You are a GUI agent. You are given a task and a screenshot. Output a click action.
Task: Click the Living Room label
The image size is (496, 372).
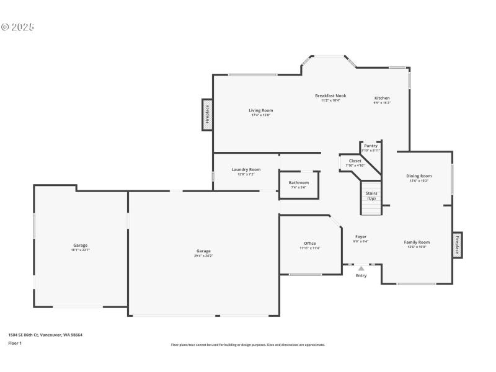[x=262, y=110]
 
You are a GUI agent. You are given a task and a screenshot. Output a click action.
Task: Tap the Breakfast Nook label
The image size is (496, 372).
[x=330, y=95]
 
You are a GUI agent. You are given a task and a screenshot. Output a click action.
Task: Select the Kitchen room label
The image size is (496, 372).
[x=382, y=99]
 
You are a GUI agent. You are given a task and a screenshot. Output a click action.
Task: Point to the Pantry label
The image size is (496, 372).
[x=371, y=146]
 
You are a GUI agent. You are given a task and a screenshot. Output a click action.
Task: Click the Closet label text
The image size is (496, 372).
[x=355, y=161]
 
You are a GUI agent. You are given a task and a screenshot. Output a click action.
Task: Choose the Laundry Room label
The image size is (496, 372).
[x=246, y=169]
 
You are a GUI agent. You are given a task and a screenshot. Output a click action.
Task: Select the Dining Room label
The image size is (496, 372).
[x=419, y=176]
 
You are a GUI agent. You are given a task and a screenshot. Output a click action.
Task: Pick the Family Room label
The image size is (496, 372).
[x=417, y=242]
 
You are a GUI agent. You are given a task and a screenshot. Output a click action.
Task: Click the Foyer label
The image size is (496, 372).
[x=361, y=237]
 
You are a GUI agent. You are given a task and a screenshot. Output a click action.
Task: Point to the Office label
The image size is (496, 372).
[x=310, y=244]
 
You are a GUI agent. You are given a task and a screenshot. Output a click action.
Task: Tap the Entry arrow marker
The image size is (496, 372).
[x=361, y=268]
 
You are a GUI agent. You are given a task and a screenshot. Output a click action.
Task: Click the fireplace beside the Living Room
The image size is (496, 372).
[x=208, y=115]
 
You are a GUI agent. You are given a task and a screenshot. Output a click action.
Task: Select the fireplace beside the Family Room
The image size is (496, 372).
[x=458, y=244]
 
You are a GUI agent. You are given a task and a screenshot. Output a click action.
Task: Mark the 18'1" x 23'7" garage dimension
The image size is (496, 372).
[x=81, y=250]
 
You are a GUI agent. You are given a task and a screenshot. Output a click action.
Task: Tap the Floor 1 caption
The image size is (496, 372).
[x=15, y=343]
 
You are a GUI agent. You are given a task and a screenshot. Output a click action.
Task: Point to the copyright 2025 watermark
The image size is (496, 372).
[x=18, y=27]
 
